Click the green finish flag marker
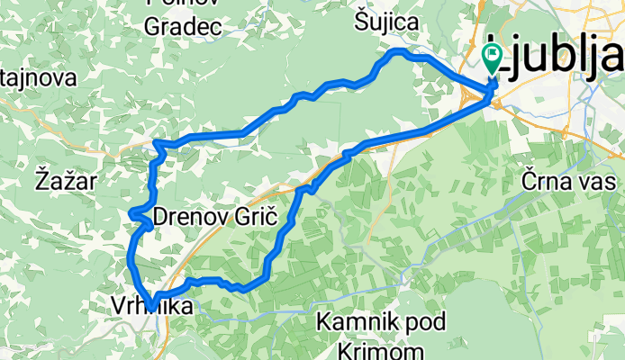tap(493, 59)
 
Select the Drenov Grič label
tap(213, 217)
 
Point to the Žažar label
tap(67, 181)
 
